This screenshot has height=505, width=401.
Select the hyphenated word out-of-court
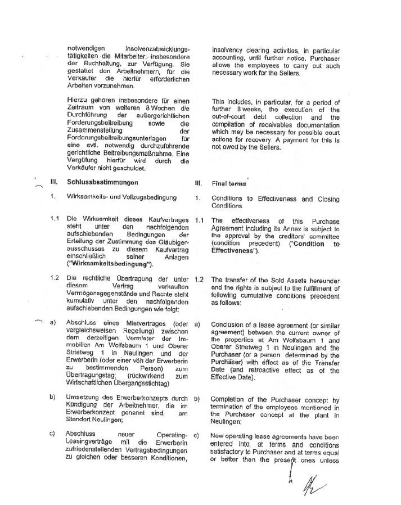pos(230,117)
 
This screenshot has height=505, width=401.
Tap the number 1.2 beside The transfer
pos(198,279)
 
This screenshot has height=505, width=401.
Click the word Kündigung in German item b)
pos(84,405)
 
